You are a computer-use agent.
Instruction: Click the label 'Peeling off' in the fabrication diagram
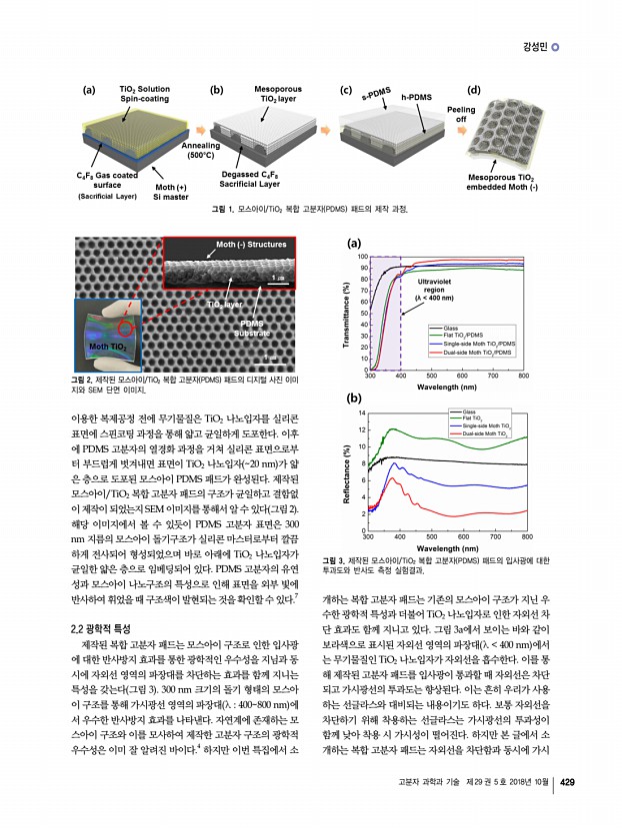click(x=460, y=114)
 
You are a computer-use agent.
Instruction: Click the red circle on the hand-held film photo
click(x=126, y=328)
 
